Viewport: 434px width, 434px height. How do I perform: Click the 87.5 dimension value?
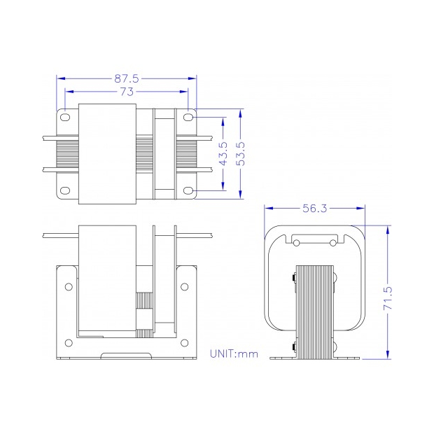click(127, 79)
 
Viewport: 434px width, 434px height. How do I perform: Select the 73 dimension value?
click(127, 92)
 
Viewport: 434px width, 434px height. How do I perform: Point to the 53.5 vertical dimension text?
click(240, 153)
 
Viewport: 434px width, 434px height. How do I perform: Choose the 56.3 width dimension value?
click(315, 208)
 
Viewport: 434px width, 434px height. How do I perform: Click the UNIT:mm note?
click(234, 353)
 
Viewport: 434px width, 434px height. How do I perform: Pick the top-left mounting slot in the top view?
click(64, 118)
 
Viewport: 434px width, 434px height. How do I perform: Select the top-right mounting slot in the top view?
click(189, 118)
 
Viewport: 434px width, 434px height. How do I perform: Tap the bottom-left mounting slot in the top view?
click(64, 190)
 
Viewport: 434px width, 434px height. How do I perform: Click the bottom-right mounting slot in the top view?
click(189, 190)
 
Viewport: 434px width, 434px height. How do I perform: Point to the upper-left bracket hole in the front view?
click(68, 286)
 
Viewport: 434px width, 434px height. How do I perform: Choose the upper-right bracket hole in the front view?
click(185, 286)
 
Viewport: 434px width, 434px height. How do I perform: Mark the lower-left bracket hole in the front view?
click(68, 342)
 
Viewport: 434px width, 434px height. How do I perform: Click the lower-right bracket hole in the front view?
click(185, 342)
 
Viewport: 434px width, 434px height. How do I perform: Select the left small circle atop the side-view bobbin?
click(296, 243)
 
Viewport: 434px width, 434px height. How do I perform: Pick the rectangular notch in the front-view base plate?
click(126, 356)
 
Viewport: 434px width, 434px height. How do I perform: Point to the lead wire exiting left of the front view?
click(59, 235)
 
